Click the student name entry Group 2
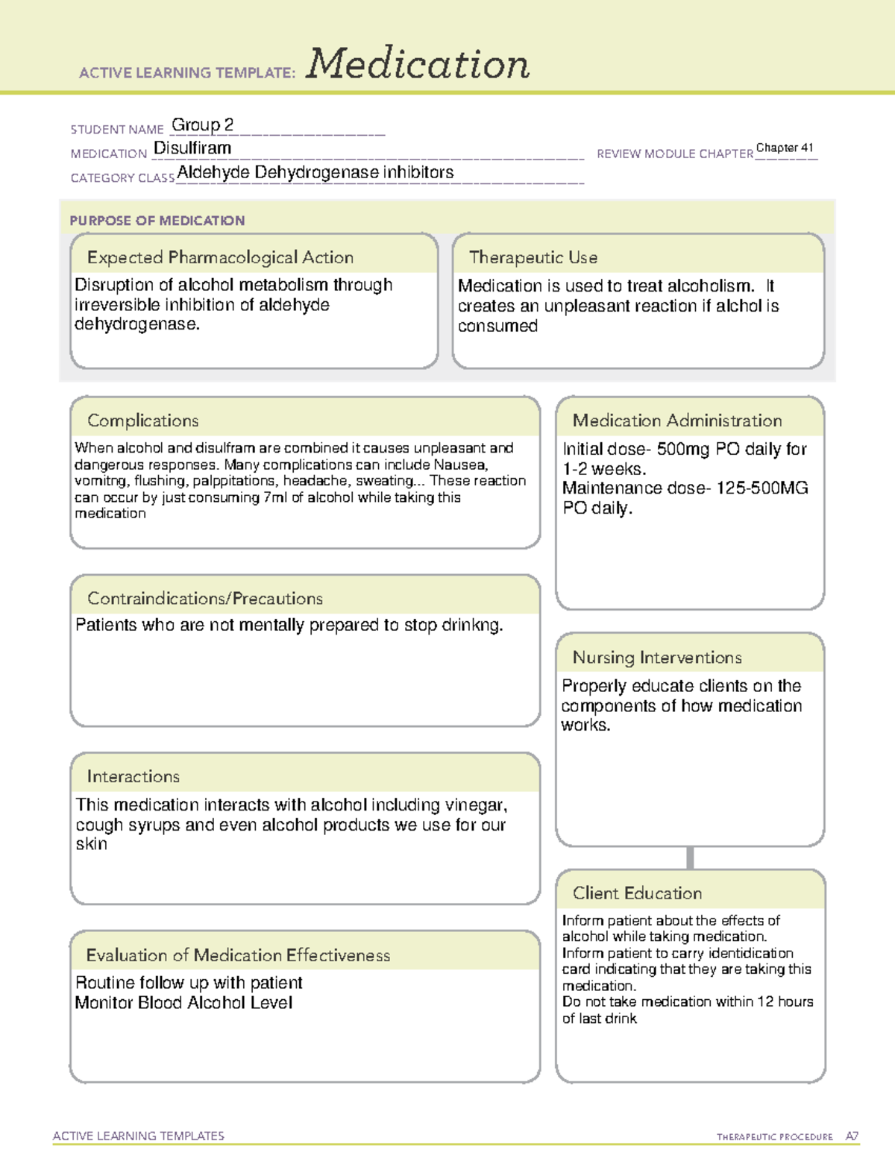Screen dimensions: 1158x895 tap(202, 125)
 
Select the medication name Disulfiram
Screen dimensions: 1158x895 tap(192, 148)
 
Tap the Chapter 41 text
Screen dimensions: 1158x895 tap(785, 148)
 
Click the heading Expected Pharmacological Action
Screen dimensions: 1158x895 tap(220, 257)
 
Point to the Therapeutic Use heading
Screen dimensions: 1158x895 tap(533, 257)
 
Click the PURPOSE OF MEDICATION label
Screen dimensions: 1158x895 tap(157, 221)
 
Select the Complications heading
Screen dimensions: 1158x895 tap(142, 421)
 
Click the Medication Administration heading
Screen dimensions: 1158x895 tap(676, 421)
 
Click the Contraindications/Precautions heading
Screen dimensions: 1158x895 tap(204, 599)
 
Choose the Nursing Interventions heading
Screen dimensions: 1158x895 tap(656, 658)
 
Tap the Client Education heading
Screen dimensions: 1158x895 tap(637, 893)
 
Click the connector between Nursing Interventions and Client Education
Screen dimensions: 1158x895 tap(690, 858)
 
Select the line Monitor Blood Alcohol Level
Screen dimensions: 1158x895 tap(183, 1003)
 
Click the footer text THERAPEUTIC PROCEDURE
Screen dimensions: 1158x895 tap(774, 1137)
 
